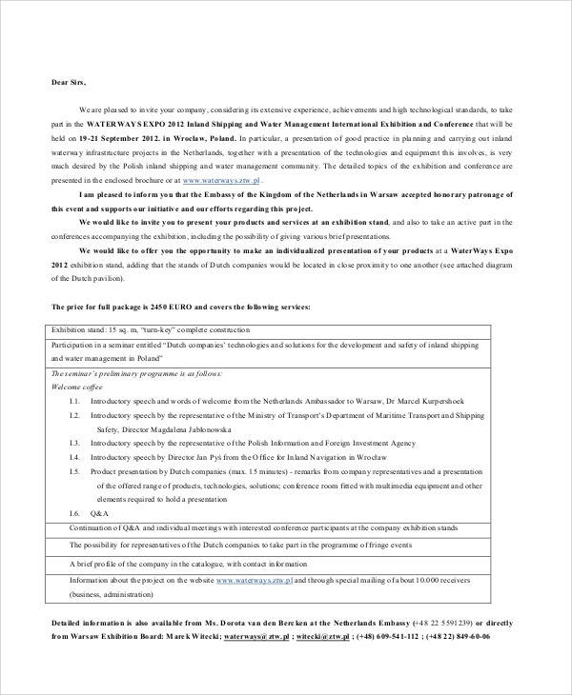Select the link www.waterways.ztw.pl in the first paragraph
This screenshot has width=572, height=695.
click(x=221, y=179)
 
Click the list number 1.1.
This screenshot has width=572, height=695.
click(x=74, y=401)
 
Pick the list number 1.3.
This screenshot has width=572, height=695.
click(x=74, y=443)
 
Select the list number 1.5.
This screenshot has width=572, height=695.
click(x=74, y=471)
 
